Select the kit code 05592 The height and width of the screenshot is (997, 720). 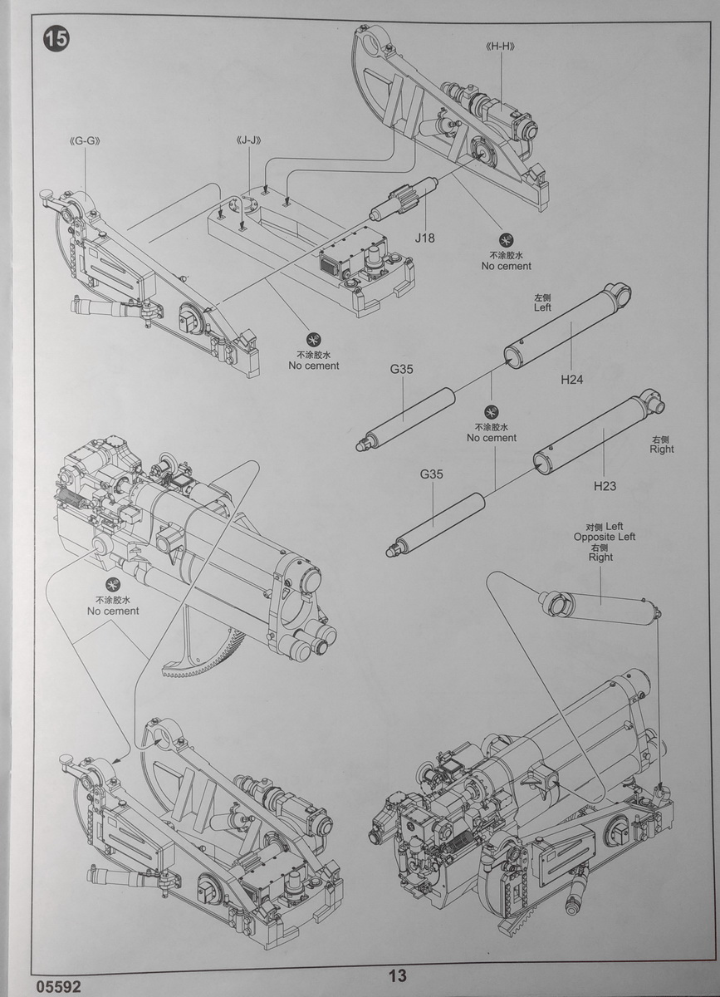click(x=59, y=986)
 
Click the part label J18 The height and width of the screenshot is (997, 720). click(x=426, y=238)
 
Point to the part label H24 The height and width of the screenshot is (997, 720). click(x=571, y=380)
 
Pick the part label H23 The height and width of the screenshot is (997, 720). click(x=605, y=486)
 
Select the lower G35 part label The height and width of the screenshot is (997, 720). click(x=431, y=474)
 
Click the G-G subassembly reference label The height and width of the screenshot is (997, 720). click(x=86, y=140)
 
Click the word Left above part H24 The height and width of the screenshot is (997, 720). click(x=542, y=307)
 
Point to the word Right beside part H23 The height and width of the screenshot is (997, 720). click(x=662, y=449)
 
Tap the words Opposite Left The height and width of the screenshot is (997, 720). click(x=604, y=537)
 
